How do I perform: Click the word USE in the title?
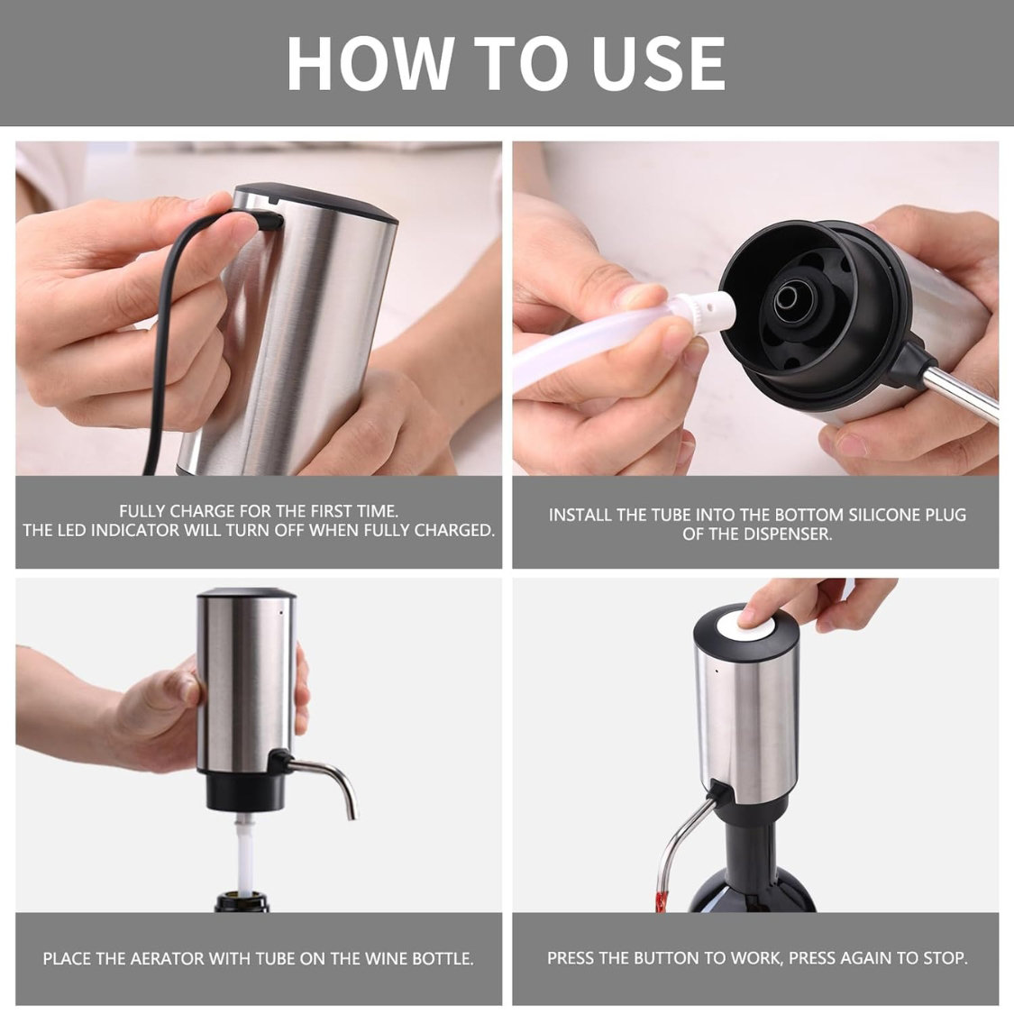click(658, 63)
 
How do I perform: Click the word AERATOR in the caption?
click(167, 959)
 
